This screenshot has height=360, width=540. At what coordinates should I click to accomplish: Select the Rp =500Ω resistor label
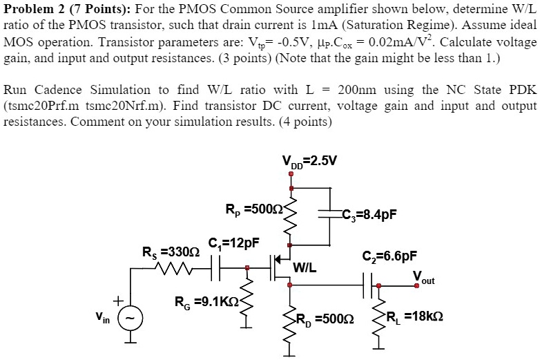coord(250,208)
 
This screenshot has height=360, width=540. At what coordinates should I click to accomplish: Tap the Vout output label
coord(424,278)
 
